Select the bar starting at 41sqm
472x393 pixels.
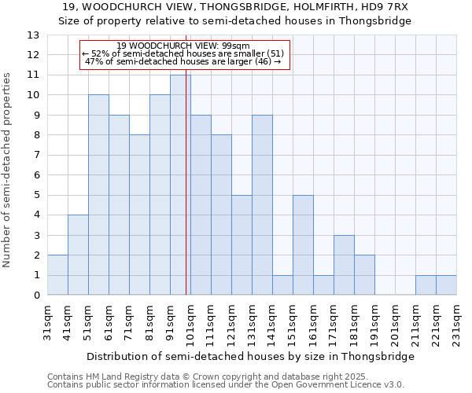pyautogui.click(x=78, y=255)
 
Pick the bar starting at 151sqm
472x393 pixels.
pyautogui.click(x=303, y=245)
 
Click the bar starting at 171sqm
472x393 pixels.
pyautogui.click(x=344, y=265)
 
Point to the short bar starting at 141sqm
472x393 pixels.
pyautogui.click(x=282, y=285)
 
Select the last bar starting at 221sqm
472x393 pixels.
pyautogui.click(x=446, y=285)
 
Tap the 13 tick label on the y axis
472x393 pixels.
pyautogui.click(x=32, y=35)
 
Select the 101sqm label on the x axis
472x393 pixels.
pyautogui.click(x=191, y=324)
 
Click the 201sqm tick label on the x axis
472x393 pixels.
pyautogui.click(x=396, y=324)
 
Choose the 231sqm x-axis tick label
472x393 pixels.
pyautogui.click(x=457, y=324)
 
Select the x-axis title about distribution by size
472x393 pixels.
pyautogui.click(x=250, y=356)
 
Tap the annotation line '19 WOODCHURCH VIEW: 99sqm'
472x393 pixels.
pyautogui.click(x=183, y=46)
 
